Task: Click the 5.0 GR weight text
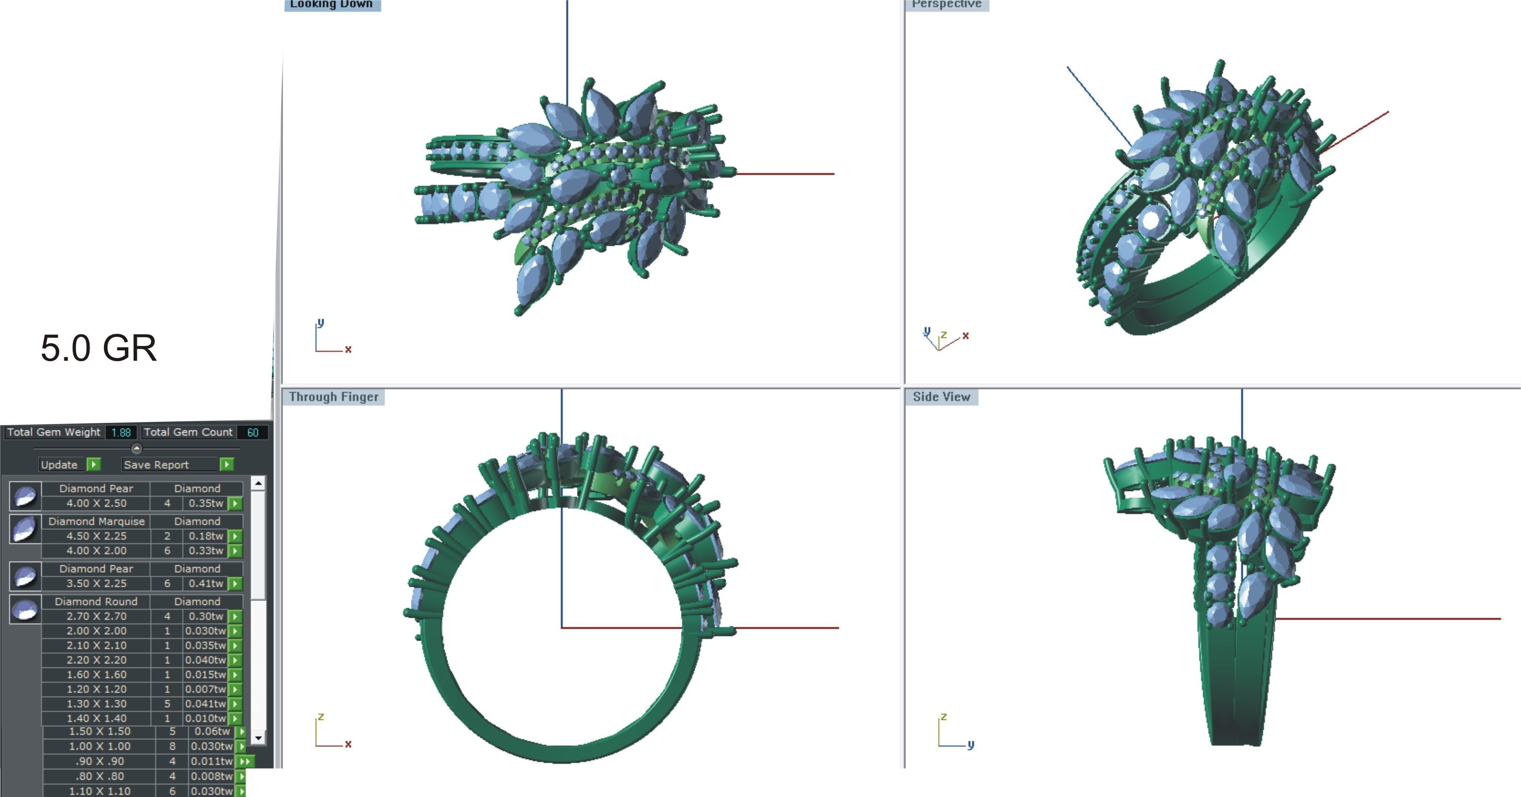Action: (98, 348)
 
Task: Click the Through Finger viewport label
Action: (333, 397)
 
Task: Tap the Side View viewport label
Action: (941, 397)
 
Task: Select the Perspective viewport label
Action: (947, 4)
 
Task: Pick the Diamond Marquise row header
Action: (96, 521)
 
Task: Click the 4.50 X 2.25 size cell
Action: (96, 536)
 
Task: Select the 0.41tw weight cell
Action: (206, 583)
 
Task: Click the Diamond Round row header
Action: (96, 602)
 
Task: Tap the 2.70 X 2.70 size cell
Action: (96, 616)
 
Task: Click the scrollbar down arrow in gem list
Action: (258, 738)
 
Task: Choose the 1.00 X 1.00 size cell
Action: (99, 746)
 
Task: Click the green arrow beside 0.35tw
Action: (235, 504)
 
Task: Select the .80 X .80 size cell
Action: (99, 776)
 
